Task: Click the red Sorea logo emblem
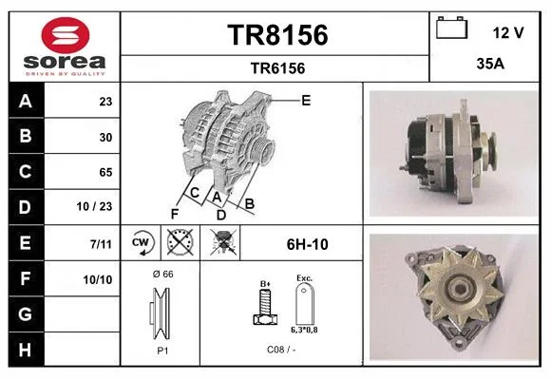(x=66, y=35)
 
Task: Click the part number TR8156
(x=277, y=35)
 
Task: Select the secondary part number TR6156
(x=277, y=68)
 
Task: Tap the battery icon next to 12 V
(x=451, y=28)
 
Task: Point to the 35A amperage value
(x=490, y=64)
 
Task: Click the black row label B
(x=26, y=136)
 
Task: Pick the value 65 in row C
(x=105, y=172)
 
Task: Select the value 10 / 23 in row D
(x=94, y=206)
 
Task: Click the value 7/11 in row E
(x=101, y=243)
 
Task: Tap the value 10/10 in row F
(x=98, y=280)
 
